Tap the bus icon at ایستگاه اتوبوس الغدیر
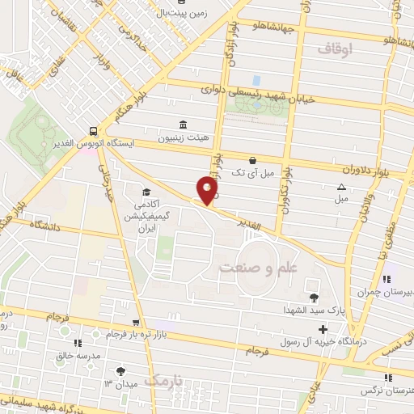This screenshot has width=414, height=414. click(x=95, y=131)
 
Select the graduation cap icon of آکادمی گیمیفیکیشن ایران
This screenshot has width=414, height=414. click(x=146, y=192)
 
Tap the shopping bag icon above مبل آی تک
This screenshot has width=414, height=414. click(x=254, y=160)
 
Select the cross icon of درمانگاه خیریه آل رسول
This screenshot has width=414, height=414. click(x=323, y=329)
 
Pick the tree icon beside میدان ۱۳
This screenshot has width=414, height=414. click(x=120, y=370)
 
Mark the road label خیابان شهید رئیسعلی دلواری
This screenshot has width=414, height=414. click(x=259, y=95)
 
